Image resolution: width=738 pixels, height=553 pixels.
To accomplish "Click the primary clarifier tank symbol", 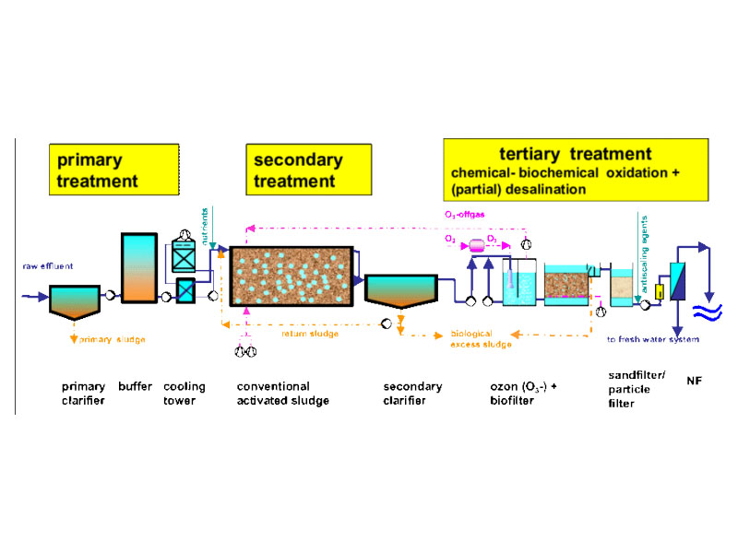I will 79,301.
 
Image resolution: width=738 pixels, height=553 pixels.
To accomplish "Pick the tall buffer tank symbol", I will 140,266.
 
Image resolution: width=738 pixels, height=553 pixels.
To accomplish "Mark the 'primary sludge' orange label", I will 112,339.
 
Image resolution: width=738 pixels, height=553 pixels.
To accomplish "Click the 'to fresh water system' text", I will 652,339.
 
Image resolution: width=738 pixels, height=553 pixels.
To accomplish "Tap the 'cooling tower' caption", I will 184,394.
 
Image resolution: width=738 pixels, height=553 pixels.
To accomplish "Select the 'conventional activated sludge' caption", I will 282,394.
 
